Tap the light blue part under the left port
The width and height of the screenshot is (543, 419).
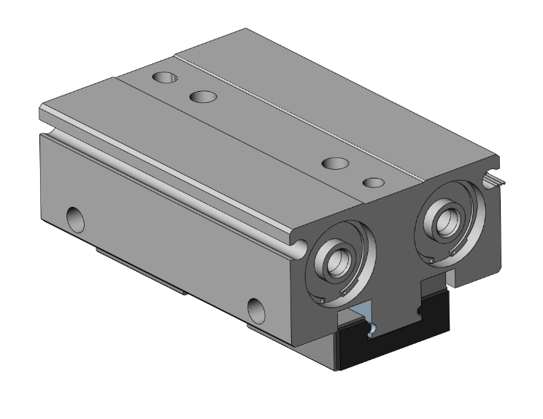tap(365, 318)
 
